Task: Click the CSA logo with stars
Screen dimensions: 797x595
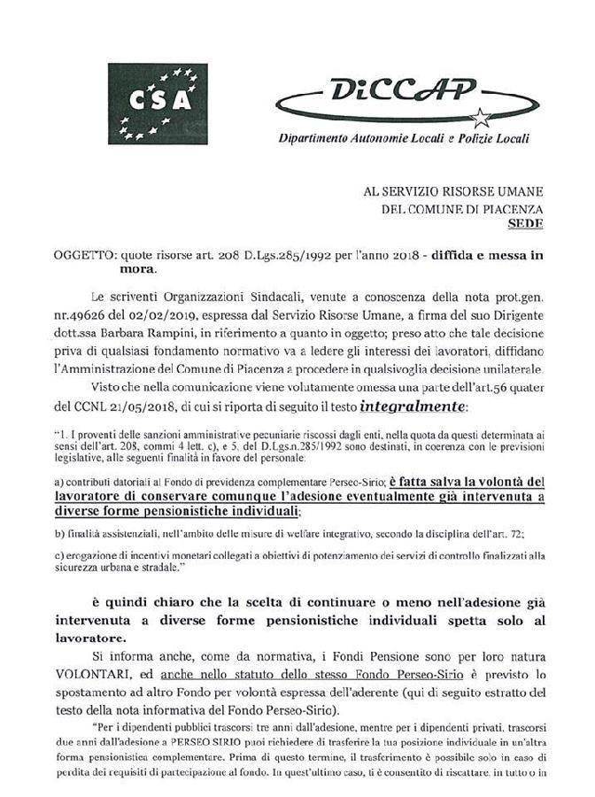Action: pyautogui.click(x=158, y=104)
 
